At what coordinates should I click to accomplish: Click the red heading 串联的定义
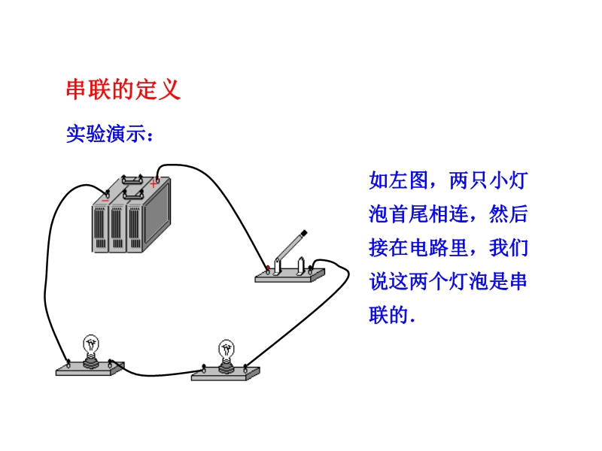123,90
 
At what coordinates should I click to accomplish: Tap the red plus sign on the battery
153,183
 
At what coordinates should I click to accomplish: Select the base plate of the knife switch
289,276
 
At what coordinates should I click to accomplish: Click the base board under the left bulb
90,369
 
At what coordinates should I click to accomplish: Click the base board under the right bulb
225,373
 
